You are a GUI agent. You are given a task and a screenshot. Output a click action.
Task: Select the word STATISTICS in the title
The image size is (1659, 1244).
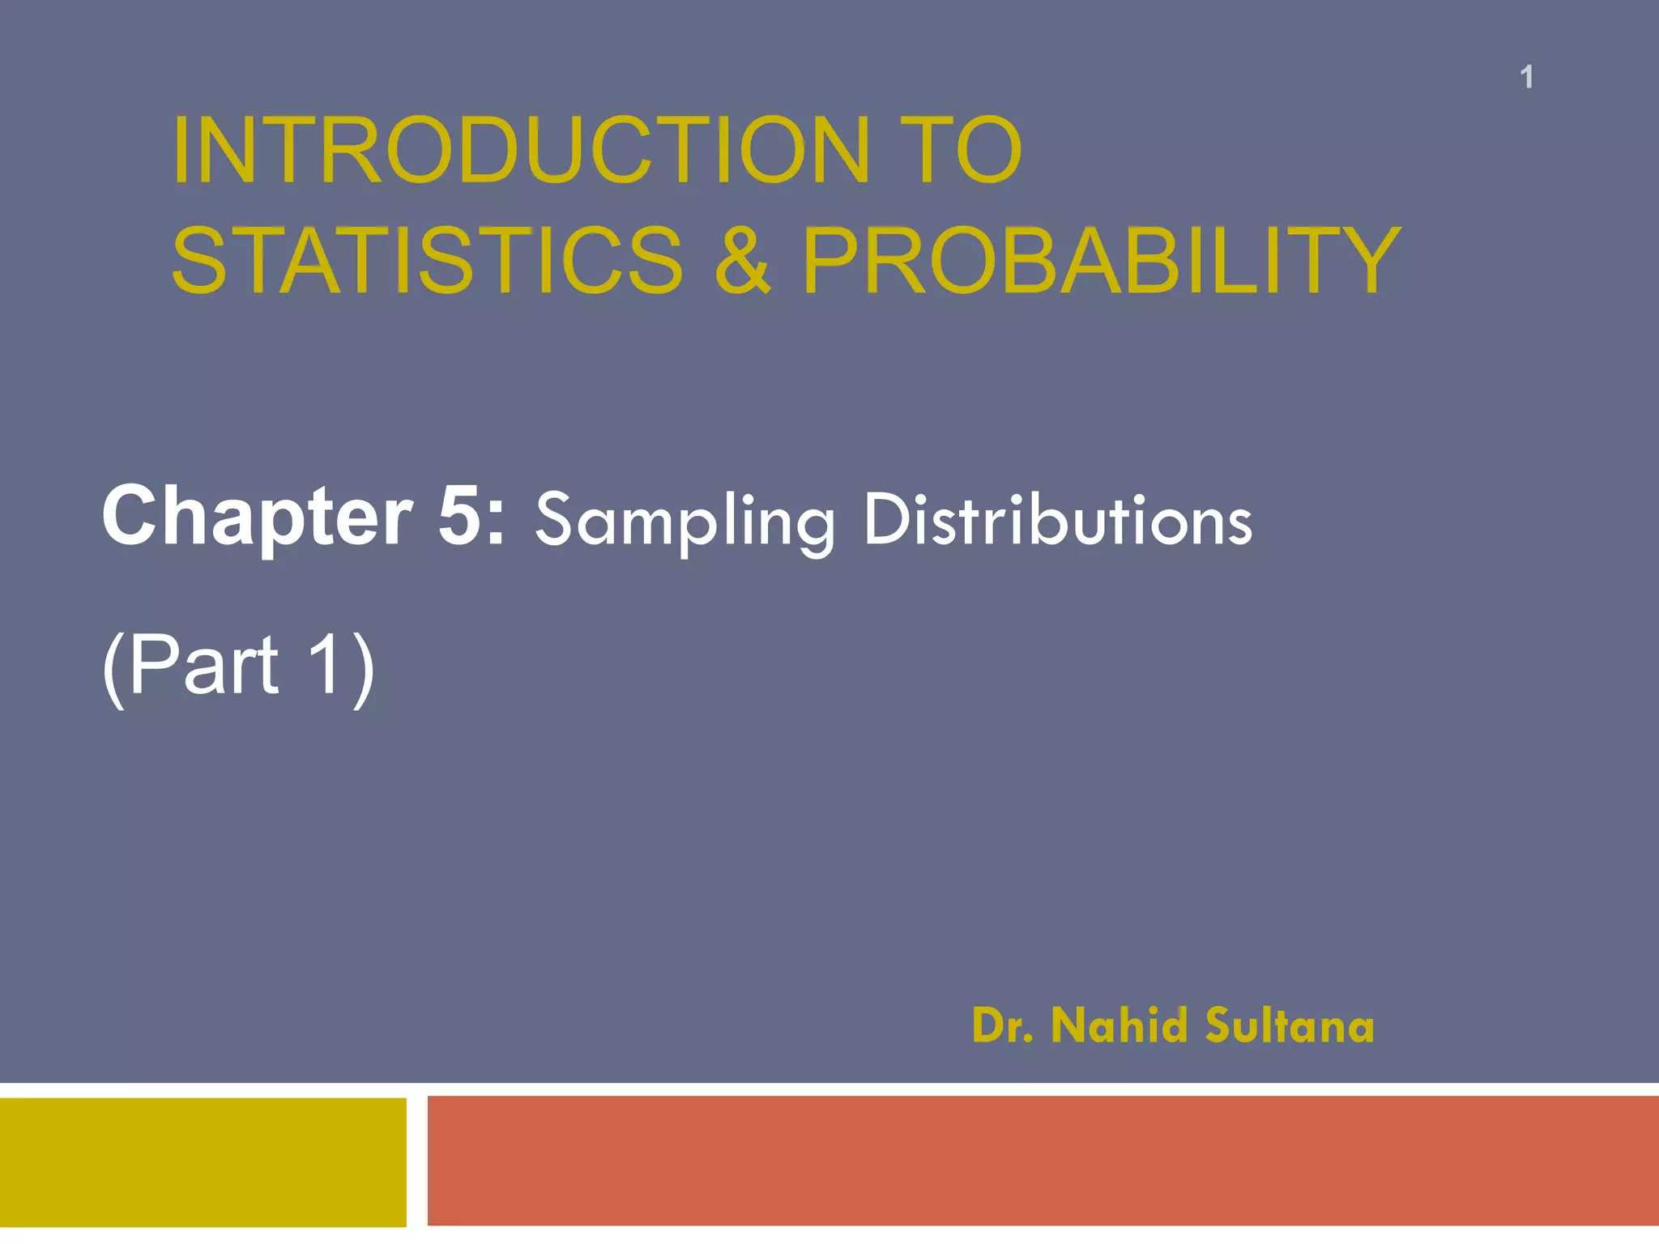[428, 261]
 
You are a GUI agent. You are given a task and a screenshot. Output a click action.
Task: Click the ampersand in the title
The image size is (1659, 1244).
[742, 261]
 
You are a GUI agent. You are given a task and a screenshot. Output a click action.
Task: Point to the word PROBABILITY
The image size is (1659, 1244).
[1101, 261]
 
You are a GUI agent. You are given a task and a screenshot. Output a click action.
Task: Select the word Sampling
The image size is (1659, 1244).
[684, 522]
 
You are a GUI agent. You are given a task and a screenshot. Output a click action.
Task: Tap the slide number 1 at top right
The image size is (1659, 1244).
[1526, 78]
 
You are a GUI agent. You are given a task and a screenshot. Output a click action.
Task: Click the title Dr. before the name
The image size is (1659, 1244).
[1002, 1026]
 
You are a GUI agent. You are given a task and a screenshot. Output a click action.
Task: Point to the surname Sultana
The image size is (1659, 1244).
[1290, 1026]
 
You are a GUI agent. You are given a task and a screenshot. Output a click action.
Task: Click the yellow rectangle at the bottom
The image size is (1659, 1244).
[203, 1162]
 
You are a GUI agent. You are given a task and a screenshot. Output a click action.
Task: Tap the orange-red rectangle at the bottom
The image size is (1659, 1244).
[1043, 1161]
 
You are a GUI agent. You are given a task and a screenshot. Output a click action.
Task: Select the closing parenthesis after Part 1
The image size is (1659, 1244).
[365, 667]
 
